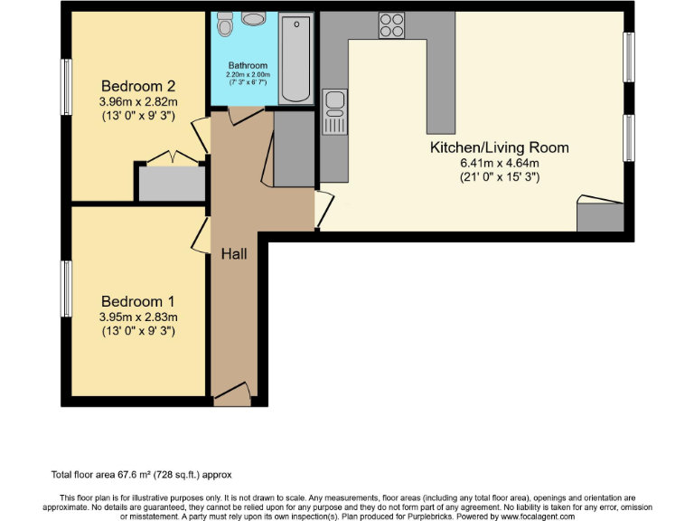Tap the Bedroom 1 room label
tap(138, 301)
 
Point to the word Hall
tap(234, 254)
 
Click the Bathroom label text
tap(247, 65)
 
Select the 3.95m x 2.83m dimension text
tap(138, 317)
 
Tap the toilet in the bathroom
tap(226, 24)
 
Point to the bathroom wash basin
tap(253, 20)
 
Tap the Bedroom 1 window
tap(66, 289)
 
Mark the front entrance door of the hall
tap(233, 391)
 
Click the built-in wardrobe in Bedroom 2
tap(171, 181)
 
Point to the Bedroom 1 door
tap(201, 237)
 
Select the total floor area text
tap(142, 475)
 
